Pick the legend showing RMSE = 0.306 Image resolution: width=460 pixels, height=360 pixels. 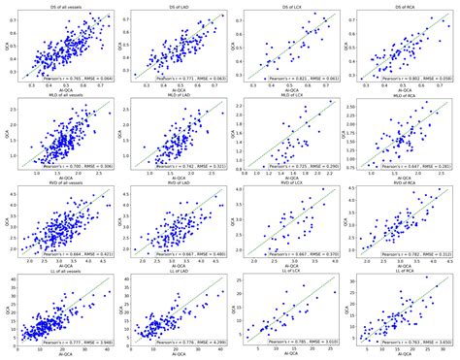76,166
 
